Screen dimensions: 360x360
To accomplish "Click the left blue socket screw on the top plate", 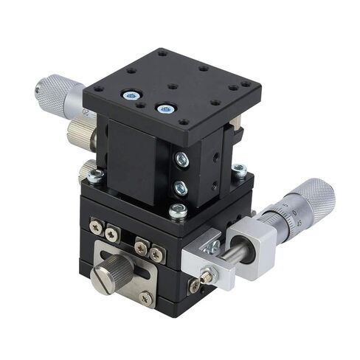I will coord(132,96).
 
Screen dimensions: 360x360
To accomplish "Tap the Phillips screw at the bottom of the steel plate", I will coord(146,297).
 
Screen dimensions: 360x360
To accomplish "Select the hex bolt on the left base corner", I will coord(95,176).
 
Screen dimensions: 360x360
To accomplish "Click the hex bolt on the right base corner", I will coord(238,170).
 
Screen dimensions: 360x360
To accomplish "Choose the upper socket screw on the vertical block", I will coord(181,159).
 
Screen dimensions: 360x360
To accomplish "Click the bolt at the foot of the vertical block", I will coord(177,212).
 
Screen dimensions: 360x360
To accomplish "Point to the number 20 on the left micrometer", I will coord(86,113).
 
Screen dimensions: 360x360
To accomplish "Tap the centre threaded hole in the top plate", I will coord(172,86).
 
